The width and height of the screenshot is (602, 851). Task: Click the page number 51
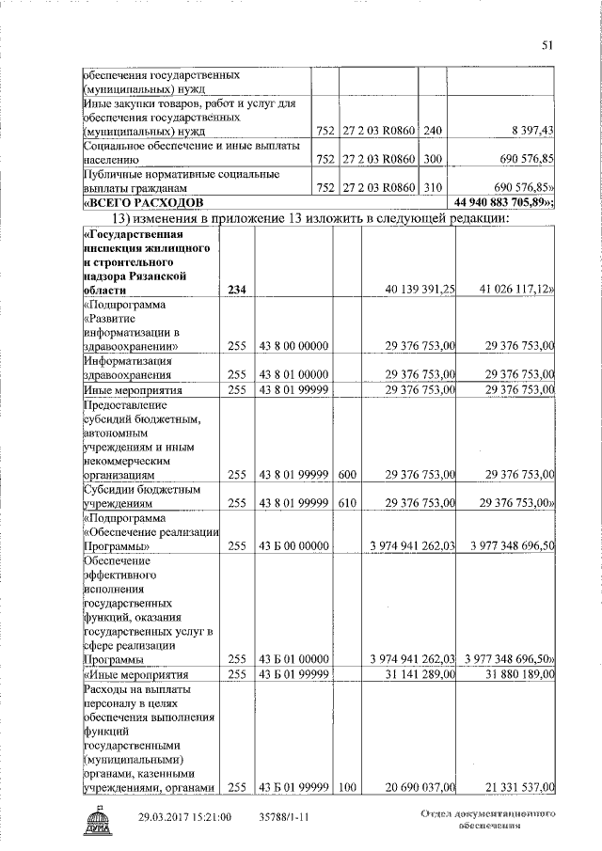coord(548,44)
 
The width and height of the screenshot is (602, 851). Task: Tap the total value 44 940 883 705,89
coord(503,203)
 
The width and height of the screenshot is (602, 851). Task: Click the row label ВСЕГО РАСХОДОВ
coord(140,203)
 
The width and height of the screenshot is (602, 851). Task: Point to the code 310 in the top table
coord(431,188)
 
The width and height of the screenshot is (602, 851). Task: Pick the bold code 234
coord(239,292)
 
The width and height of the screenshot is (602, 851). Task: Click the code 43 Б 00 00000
coord(293,545)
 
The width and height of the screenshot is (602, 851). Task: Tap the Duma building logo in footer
coord(97,822)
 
